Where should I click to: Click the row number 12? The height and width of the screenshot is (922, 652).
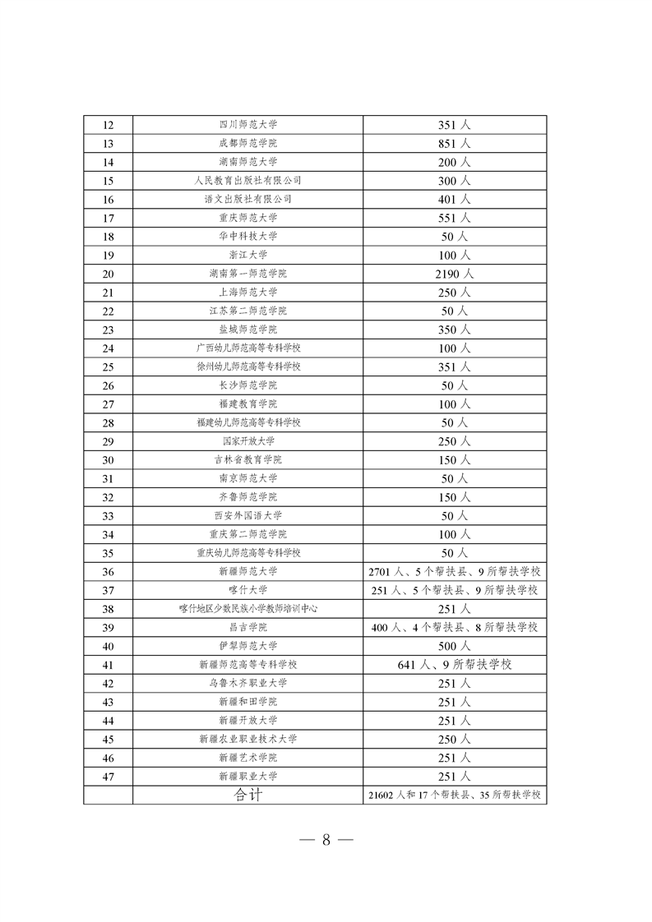[x=108, y=125]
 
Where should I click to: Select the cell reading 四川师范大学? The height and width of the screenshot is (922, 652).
[x=248, y=125]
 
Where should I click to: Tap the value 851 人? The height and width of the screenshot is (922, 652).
[x=454, y=144]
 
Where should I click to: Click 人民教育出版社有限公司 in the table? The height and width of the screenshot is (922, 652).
[x=248, y=181]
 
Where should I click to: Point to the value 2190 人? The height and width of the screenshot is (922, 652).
[x=454, y=274]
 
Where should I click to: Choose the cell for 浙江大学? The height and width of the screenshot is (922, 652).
[x=248, y=255]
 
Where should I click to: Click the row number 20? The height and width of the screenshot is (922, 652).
[x=108, y=274]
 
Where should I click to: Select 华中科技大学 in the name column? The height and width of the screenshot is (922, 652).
[x=248, y=237]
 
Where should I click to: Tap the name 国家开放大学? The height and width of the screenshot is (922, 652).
[x=248, y=441]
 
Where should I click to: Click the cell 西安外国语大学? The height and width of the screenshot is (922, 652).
[x=248, y=516]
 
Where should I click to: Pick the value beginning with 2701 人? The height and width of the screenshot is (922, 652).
[x=455, y=572]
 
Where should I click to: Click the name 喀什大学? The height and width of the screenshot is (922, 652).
[x=248, y=590]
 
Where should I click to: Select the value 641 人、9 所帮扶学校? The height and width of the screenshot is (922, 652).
[x=454, y=664]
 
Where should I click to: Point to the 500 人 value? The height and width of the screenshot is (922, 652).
[x=454, y=646]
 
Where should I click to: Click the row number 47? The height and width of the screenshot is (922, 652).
[x=108, y=776]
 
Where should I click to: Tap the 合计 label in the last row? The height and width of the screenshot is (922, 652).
[x=248, y=795]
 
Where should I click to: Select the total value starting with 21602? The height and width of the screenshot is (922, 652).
[x=455, y=795]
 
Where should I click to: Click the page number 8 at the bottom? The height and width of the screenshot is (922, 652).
[x=326, y=840]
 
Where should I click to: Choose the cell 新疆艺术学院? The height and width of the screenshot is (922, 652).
[x=248, y=758]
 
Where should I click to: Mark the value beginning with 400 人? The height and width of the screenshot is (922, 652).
[x=455, y=627]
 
